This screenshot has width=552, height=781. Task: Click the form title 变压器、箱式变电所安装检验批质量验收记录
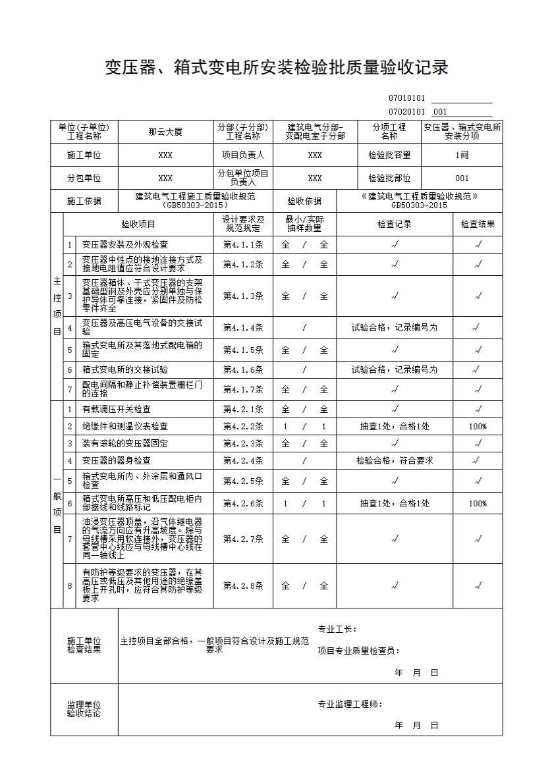tap(277, 67)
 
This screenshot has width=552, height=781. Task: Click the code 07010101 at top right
tap(406, 99)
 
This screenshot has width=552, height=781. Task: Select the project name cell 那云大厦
tap(165, 132)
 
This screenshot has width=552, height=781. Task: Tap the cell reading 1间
tap(461, 155)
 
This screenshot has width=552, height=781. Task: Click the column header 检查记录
tap(394, 225)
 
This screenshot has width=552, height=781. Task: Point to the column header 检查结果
tap(478, 225)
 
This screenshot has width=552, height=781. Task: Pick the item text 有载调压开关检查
tap(116, 410)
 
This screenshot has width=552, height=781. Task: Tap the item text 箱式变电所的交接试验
tap(124, 370)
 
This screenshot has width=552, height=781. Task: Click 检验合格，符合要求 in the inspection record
tap(395, 461)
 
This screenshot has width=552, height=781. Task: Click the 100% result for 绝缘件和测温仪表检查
tap(478, 427)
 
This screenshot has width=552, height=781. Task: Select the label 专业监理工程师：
tap(350, 704)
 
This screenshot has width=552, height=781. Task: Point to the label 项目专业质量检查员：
tap(358, 651)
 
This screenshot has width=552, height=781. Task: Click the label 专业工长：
tap(337, 629)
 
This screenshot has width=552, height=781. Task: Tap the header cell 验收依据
tap(304, 202)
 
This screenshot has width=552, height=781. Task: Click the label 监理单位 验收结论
tap(84, 709)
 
